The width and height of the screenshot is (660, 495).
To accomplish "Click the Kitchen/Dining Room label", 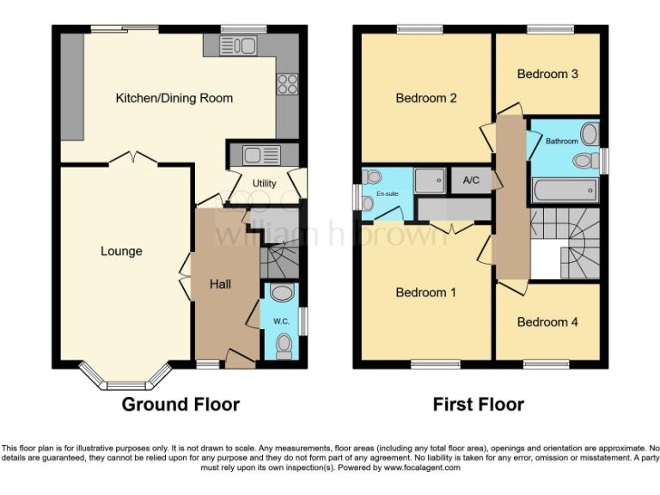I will (x=174, y=98).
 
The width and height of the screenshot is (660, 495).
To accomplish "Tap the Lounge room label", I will (x=121, y=251).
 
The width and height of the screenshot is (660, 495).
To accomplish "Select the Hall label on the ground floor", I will (x=221, y=284).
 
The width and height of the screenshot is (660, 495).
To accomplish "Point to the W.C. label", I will (x=280, y=321).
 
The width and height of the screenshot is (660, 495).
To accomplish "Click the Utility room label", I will (x=264, y=183).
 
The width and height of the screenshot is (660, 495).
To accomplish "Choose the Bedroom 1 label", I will (x=425, y=293).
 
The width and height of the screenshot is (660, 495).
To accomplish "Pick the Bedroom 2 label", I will (x=425, y=98).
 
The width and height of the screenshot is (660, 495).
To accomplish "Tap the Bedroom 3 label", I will (x=547, y=74).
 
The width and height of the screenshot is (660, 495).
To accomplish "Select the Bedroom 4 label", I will (x=547, y=321).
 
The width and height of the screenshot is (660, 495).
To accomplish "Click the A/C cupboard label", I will (x=471, y=180).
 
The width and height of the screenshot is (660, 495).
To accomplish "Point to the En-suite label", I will (x=387, y=194).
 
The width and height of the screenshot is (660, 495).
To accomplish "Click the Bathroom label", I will (x=562, y=141).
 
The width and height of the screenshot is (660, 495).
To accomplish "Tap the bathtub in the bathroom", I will (x=565, y=188).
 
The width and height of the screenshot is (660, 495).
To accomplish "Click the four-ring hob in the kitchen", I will (x=286, y=84).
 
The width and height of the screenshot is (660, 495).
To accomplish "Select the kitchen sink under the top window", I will (x=241, y=46).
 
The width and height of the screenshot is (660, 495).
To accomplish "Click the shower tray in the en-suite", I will (x=430, y=180).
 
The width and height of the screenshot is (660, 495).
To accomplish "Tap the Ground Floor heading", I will (x=180, y=404).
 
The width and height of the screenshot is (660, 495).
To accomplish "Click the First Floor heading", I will (x=478, y=404).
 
